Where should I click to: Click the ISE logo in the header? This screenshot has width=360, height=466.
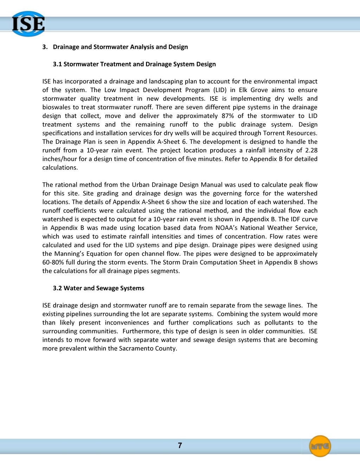(x=28, y=24)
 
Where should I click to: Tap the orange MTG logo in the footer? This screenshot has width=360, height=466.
(x=320, y=446)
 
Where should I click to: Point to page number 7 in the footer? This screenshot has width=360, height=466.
(x=180, y=446)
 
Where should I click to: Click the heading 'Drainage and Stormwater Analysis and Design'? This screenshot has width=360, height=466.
(x=120, y=47)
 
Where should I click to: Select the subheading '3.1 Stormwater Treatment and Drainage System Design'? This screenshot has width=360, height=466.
(x=134, y=64)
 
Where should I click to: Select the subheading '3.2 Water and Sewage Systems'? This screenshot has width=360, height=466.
(x=98, y=288)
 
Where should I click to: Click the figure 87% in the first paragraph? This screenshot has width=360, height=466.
(x=227, y=116)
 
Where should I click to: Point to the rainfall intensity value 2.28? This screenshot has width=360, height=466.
(x=311, y=150)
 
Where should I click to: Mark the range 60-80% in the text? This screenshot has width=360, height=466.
(x=53, y=263)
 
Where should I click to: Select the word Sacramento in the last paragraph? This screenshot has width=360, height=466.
(x=136, y=349)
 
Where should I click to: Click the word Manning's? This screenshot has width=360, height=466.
(x=69, y=254)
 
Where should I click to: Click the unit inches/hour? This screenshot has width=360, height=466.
(x=59, y=159)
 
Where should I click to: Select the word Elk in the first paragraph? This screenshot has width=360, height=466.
(x=243, y=90)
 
